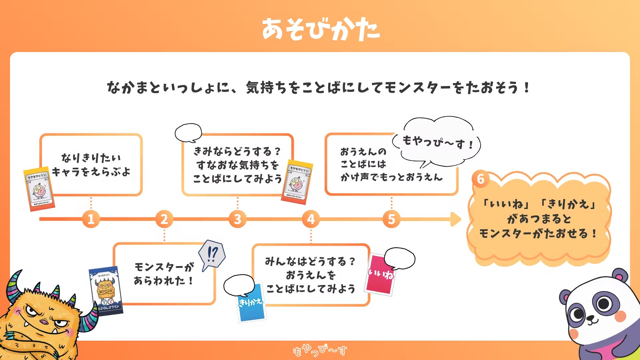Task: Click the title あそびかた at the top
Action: (x=320, y=29)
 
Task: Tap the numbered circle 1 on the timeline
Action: (x=91, y=219)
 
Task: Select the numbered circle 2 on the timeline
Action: (x=164, y=219)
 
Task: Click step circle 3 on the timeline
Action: (x=237, y=219)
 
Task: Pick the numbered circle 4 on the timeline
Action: (x=311, y=219)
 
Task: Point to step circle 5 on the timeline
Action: (x=391, y=219)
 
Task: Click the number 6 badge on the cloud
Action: (x=480, y=179)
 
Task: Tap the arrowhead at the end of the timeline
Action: (x=455, y=219)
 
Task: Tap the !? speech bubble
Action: (x=212, y=255)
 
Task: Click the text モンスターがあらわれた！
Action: (x=164, y=273)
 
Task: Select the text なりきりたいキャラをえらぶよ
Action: (x=91, y=165)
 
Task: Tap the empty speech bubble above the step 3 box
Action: (x=188, y=132)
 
